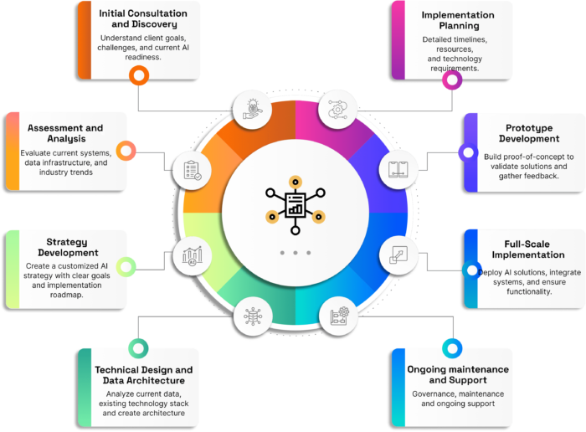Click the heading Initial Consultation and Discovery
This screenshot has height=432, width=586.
143,19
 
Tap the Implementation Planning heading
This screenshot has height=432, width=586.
456,21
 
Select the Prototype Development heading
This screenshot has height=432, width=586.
532,133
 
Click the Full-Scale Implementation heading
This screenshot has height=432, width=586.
528,249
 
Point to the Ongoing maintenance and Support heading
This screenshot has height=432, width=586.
457,374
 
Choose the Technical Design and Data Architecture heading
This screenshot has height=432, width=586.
143,374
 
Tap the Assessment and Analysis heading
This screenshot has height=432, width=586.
65,134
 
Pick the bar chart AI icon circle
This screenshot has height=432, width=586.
192,255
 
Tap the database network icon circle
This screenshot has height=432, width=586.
252,316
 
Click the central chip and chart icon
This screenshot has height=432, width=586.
294,203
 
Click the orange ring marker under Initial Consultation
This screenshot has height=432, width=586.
139,76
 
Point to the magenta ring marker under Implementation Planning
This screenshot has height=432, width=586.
452,80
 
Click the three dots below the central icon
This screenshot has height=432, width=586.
295,252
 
